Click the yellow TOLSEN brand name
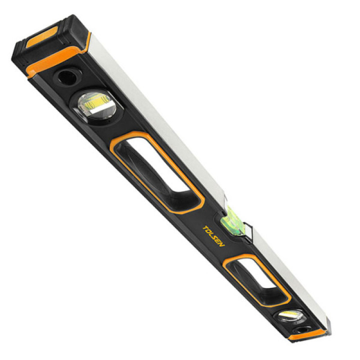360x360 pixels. click(x=213, y=236)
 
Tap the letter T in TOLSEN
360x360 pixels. click(x=205, y=228)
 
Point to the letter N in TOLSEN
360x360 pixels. click(x=221, y=244)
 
